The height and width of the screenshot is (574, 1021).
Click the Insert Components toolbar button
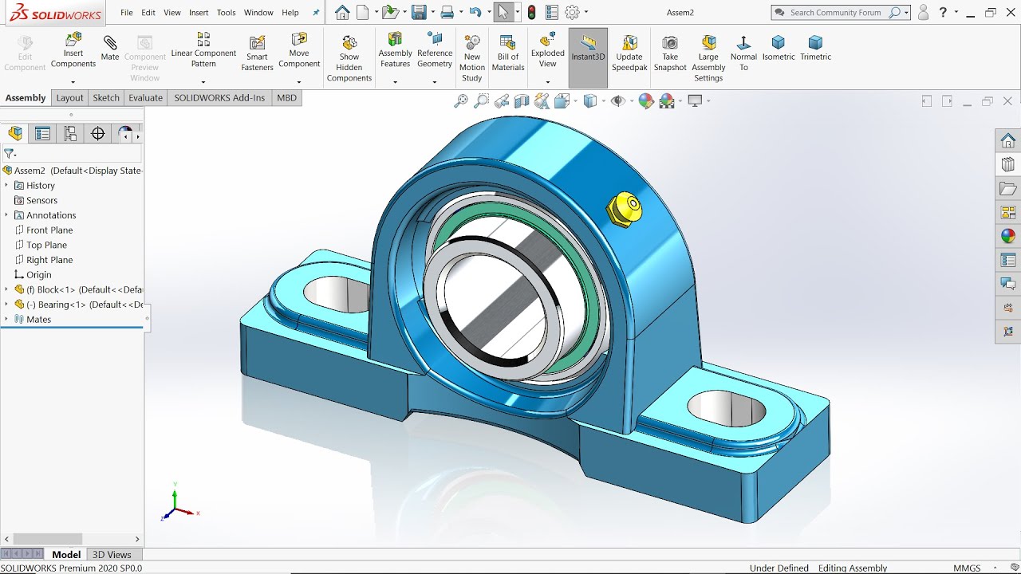[73, 49]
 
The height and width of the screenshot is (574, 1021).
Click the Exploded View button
[547, 49]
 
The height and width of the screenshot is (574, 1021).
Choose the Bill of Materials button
[507, 53]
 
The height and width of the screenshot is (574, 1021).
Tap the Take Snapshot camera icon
[670, 53]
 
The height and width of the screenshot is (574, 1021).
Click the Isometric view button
[779, 48]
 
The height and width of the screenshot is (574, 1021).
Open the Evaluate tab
[145, 98]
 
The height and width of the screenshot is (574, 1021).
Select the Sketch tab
[106, 98]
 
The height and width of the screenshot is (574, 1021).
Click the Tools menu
[227, 13]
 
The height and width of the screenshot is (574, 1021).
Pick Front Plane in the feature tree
[49, 230]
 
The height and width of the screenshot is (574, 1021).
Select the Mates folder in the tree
[38, 320]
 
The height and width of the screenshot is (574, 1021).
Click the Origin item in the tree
[38, 275]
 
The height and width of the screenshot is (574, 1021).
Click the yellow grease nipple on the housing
[625, 208]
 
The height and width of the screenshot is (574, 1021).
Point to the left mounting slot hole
[335, 293]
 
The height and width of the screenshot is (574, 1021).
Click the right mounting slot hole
[726, 407]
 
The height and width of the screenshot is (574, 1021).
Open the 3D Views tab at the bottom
[112, 555]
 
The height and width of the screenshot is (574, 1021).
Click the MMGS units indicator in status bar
[967, 568]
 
